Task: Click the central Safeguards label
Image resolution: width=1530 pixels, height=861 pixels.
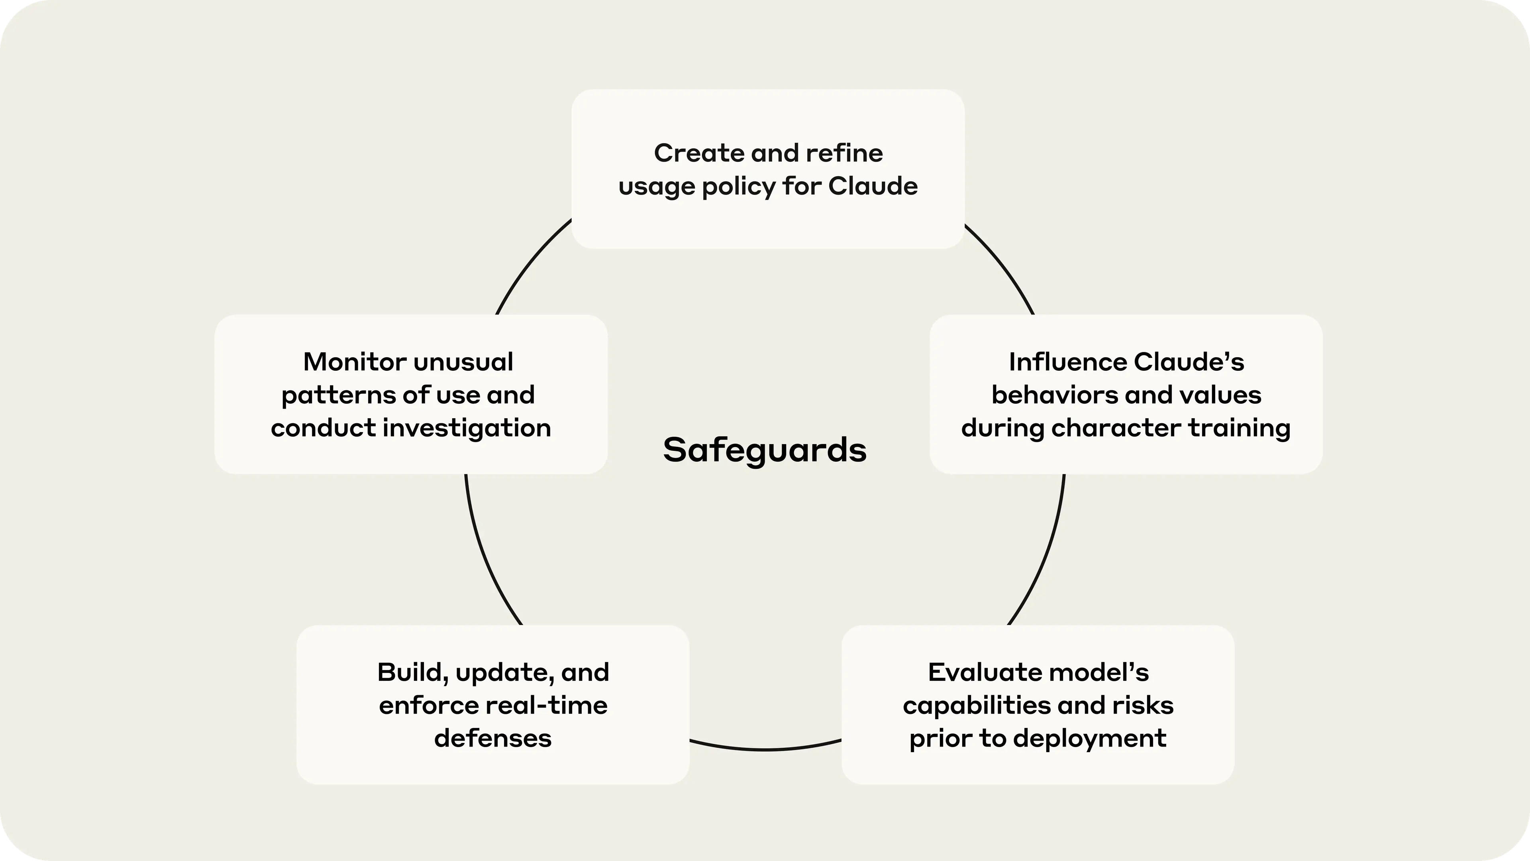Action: point(765,450)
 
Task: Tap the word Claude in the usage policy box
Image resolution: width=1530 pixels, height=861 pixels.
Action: point(873,187)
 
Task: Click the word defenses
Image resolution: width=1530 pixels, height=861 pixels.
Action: point(493,739)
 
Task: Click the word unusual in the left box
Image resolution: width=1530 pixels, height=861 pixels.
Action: point(463,362)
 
